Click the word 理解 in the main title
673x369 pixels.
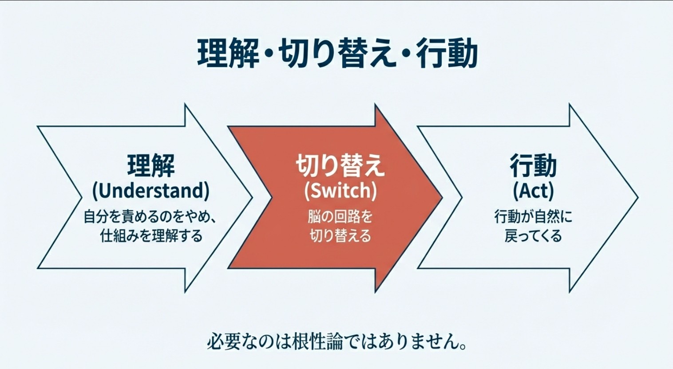(228, 54)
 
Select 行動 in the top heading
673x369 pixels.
(447, 54)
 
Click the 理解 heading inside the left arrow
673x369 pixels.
(151, 166)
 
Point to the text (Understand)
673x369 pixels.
(151, 191)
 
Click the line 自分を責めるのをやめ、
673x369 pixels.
(150, 216)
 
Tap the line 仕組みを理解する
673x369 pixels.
(151, 236)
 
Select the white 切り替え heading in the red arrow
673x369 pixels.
(340, 166)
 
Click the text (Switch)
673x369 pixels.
(340, 191)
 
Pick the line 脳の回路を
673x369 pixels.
(340, 216)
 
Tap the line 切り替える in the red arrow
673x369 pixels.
(340, 236)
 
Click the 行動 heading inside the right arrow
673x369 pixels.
(533, 166)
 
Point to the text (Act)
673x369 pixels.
(533, 191)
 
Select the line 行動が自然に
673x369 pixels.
(533, 216)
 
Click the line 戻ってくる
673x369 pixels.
(533, 236)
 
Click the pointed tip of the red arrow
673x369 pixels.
(442, 197)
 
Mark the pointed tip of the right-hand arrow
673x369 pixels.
(637, 197)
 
